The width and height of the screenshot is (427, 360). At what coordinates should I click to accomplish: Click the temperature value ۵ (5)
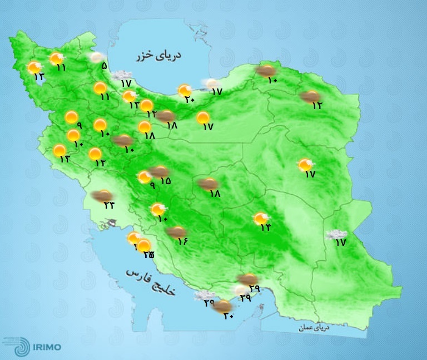(x=104, y=66)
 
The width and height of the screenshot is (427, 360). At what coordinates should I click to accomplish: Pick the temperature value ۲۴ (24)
(x=108, y=205)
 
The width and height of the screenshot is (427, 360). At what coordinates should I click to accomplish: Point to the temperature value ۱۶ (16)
(x=183, y=241)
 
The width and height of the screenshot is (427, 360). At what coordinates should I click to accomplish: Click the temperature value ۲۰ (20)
(x=190, y=100)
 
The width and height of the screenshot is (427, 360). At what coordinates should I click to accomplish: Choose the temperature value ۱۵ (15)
(x=165, y=181)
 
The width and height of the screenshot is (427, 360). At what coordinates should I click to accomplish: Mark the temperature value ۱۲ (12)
(x=317, y=106)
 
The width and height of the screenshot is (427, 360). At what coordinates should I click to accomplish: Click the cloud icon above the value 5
(x=97, y=57)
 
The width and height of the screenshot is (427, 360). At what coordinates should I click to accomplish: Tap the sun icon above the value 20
(x=185, y=90)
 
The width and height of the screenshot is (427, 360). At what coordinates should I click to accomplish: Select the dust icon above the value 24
(x=102, y=195)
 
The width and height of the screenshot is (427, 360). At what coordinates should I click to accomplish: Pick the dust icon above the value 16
(x=177, y=231)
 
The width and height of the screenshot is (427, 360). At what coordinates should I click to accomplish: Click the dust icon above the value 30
(x=222, y=305)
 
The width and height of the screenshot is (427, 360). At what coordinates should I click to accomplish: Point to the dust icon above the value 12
(x=309, y=96)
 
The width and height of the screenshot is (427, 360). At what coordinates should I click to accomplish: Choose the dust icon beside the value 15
(x=161, y=171)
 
